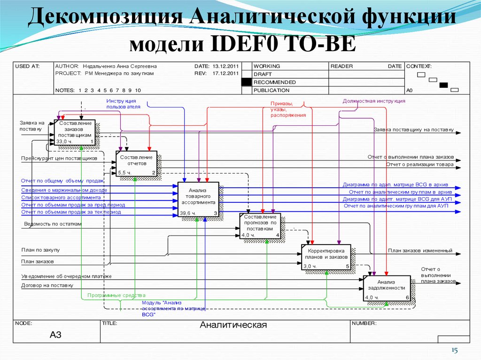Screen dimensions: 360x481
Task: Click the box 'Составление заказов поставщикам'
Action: (x=75, y=132)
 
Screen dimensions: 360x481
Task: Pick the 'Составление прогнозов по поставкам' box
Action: (x=260, y=226)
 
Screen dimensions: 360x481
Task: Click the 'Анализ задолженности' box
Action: (x=387, y=288)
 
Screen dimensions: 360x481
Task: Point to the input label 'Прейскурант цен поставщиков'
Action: (x=59, y=159)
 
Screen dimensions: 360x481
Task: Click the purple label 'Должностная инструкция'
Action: (x=373, y=101)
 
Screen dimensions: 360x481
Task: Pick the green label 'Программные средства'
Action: (x=116, y=296)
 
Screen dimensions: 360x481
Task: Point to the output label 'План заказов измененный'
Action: (x=420, y=251)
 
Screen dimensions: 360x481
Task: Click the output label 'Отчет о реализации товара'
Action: (x=419, y=165)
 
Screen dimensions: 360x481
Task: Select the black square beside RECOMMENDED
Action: (x=246, y=82)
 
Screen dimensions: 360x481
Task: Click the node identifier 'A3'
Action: (x=55, y=335)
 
